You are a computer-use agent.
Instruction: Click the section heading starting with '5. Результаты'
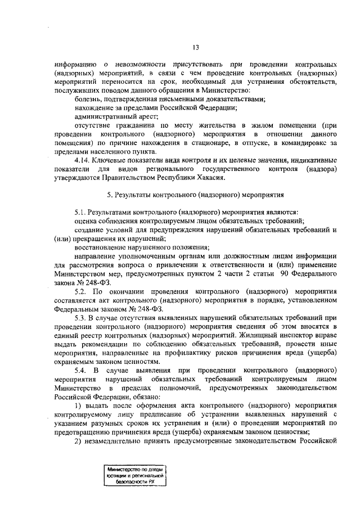click(195, 195)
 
